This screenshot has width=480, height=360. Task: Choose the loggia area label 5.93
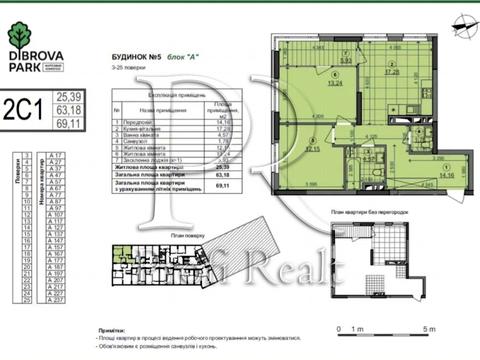[345, 60]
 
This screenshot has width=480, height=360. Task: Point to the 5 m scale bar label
[429, 328]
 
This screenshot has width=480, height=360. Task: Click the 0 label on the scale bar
[341, 328]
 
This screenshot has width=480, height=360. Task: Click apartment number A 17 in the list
[57, 156]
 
